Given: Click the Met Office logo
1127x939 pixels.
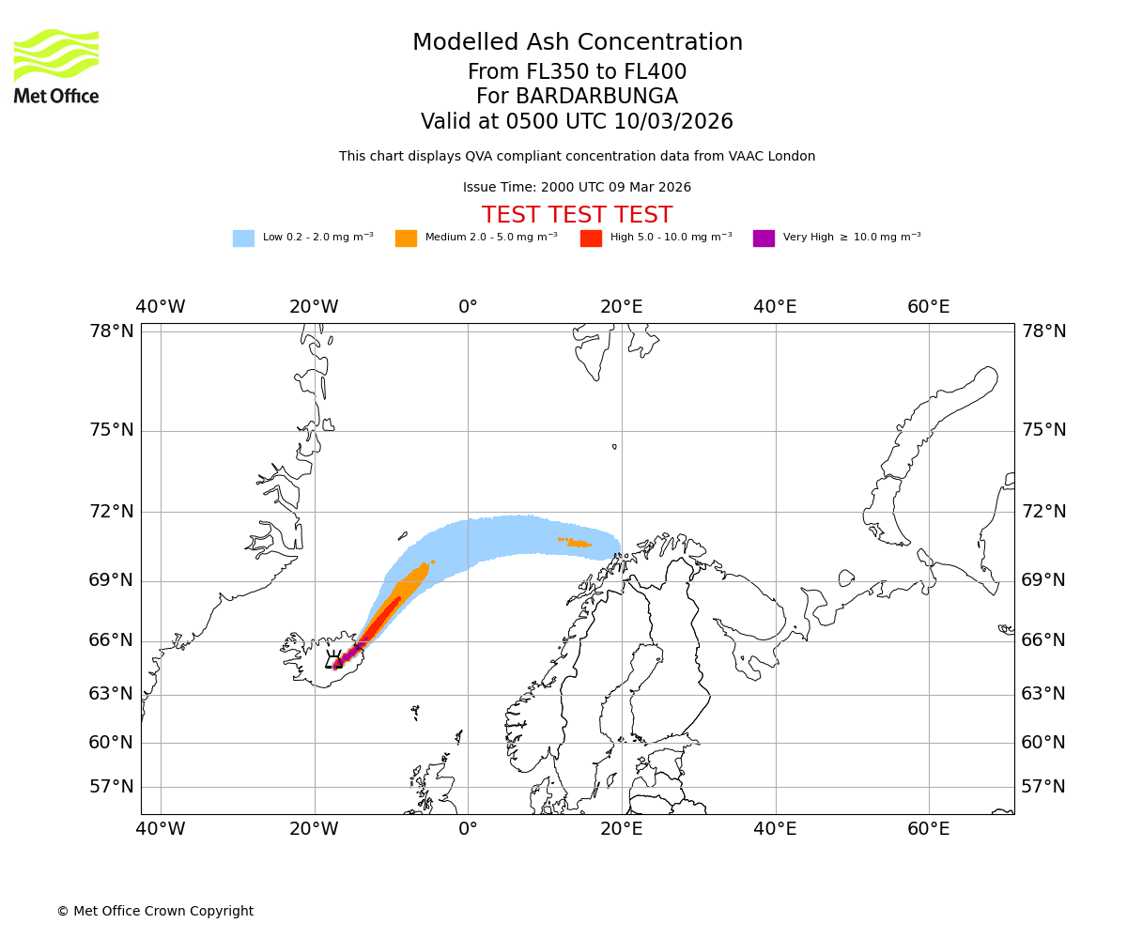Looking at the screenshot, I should pos(56,66).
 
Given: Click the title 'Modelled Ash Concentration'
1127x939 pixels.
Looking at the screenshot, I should pos(577,43).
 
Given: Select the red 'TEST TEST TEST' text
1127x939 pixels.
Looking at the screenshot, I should pos(577,215).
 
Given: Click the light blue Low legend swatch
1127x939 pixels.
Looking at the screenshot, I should pos(243,239).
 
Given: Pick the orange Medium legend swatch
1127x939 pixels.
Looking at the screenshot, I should pos(406,239).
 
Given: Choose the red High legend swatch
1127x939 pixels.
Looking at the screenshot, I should pos(591,239).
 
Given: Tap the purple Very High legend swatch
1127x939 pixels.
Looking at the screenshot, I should pos(764,239).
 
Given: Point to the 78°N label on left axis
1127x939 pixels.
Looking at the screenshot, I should pos(112,331).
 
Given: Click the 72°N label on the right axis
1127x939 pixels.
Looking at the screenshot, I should pos(1043,512).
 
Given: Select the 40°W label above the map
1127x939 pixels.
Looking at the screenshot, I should pos(161,307).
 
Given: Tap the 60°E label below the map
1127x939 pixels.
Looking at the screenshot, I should pos(928,829).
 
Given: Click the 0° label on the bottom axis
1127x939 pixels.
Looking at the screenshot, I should pos(468,829).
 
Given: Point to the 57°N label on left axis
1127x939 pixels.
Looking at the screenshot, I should pos(112,787).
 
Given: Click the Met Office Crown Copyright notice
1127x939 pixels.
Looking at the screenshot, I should pos(155,912).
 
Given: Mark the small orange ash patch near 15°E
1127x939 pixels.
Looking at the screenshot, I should pos(576,543).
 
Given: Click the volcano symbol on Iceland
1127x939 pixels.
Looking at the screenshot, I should pos(334,660).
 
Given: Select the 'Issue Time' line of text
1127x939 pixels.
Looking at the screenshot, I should pos(577,188).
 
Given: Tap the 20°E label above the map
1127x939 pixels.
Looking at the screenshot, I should pos(621,307).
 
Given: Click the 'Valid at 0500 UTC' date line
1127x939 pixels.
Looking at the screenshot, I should pos(577,122).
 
